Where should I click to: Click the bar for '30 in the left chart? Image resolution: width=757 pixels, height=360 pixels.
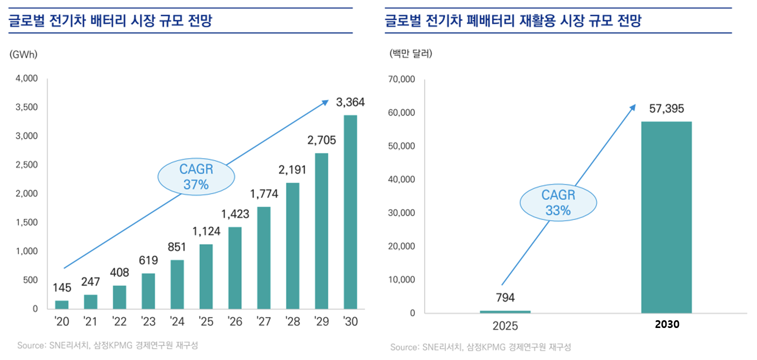pos(350,212)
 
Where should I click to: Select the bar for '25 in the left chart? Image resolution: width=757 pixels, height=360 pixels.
pos(206,276)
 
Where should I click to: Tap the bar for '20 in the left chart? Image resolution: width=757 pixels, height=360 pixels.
pos(62,304)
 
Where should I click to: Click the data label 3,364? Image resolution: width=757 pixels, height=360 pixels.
pos(350,102)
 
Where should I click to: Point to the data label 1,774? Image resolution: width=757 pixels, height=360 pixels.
pos(264,194)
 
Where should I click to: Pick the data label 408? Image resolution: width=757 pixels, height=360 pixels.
pos(119,272)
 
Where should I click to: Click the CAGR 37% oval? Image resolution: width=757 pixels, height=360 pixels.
pos(196,177)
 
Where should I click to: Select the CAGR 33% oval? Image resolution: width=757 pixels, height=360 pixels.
pos(558,202)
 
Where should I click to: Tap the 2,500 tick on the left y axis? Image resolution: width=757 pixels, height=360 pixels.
pos(26,165)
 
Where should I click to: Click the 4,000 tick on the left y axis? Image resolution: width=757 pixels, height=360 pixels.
pos(26,79)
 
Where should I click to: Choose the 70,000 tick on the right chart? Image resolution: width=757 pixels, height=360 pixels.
pos(401,80)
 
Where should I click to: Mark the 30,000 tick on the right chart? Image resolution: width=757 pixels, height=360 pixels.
pos(401,213)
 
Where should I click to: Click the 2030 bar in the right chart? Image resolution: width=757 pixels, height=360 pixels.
pos(666,217)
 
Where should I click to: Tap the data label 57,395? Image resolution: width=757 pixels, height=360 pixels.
pos(666,109)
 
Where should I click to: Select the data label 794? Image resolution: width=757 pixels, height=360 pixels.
pos(506,298)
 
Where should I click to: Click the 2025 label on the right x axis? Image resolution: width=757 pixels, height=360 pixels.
pos(506,327)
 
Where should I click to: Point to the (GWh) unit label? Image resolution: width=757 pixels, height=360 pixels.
pos(23,54)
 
